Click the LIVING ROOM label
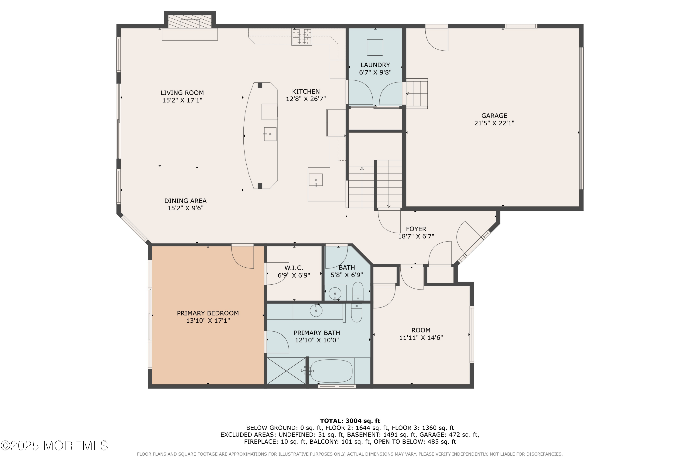pos(182,93)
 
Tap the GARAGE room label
pos(494,116)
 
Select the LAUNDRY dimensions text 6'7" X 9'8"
pos(375,72)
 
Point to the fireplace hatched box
pos(190,21)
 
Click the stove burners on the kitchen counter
pos(302,37)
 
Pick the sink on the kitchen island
pos(270,134)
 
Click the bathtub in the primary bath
pos(332,371)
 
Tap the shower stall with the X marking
pos(286,371)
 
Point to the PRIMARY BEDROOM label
pos(208,313)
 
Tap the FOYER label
pos(416,229)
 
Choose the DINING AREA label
pos(185,201)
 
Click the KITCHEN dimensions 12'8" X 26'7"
pos(306,99)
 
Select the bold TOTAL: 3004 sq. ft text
pos(350,421)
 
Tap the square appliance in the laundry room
pos(375,47)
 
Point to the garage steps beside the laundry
pos(417,94)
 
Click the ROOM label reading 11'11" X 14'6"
pos(421,334)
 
